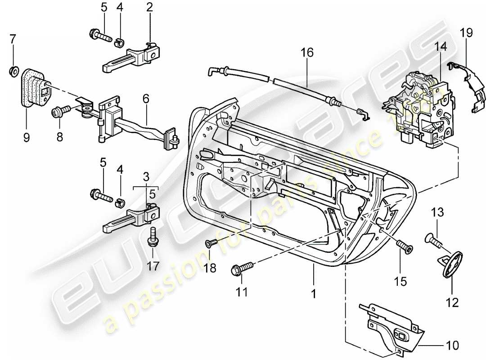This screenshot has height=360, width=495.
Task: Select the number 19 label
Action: coord(466,33)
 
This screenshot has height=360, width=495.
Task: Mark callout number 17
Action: coord(153,266)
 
